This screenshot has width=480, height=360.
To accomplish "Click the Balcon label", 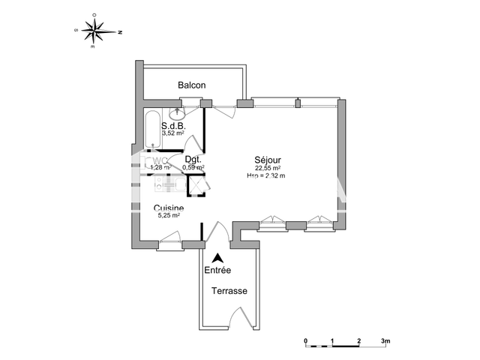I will click(x=191, y=85).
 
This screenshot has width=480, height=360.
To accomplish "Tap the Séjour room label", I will click(x=266, y=160).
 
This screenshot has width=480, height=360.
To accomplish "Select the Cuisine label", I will click(x=169, y=208).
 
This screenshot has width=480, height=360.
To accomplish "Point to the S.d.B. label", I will click(x=173, y=126).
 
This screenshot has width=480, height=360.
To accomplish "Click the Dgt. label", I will click(x=193, y=160).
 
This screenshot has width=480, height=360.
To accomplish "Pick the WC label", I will click(x=157, y=160).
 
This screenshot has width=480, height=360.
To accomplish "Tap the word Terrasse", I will click(x=229, y=291).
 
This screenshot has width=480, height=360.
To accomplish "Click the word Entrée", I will click(x=217, y=270).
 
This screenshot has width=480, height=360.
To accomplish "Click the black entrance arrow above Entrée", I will click(x=217, y=256).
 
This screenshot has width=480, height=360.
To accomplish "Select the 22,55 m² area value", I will click(x=266, y=168).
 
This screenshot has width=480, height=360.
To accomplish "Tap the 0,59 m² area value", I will click(x=193, y=167).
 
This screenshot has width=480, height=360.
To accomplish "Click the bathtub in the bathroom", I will click(x=151, y=129).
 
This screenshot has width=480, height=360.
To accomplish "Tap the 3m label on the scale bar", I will click(x=385, y=341).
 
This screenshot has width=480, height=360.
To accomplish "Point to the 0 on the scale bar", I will click(x=306, y=341).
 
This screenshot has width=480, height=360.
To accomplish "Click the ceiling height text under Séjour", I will click(x=266, y=175).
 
